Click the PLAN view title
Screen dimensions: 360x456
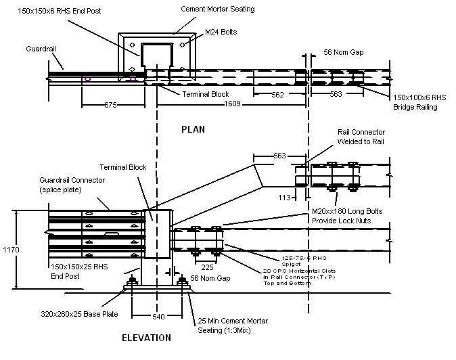click(x=193, y=129)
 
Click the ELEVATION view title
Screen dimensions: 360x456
click(x=147, y=338)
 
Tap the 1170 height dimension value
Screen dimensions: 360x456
click(x=12, y=250)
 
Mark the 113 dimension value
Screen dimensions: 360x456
click(x=286, y=198)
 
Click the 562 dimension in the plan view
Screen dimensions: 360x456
click(x=277, y=95)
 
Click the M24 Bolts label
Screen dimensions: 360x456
click(x=223, y=31)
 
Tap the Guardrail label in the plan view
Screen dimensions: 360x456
click(x=40, y=49)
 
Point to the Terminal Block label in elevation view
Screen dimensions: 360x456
click(x=120, y=166)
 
